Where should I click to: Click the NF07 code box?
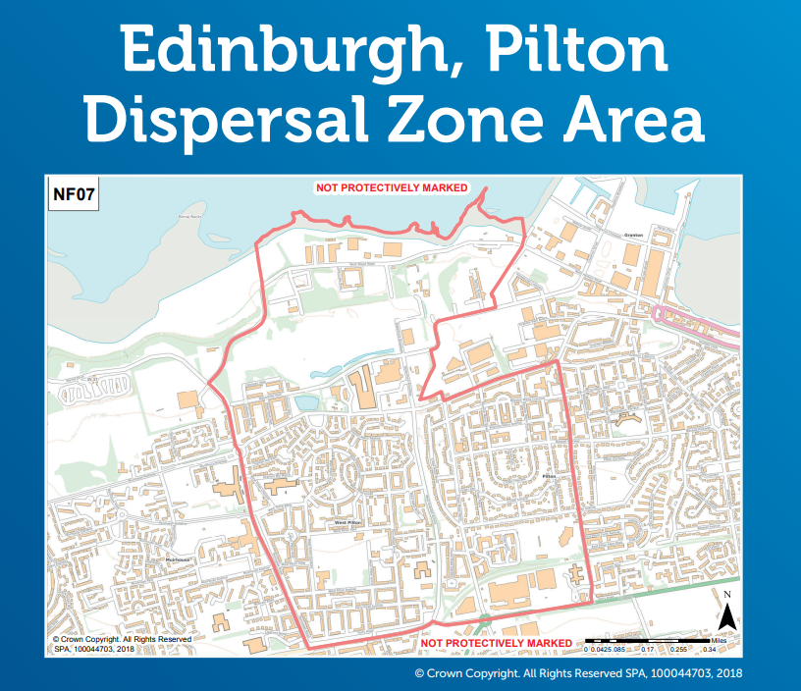(x=76, y=194)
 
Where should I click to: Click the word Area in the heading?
(x=644, y=124)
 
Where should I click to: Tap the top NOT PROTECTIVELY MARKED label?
(x=391, y=187)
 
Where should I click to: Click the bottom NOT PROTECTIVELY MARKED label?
(x=495, y=644)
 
